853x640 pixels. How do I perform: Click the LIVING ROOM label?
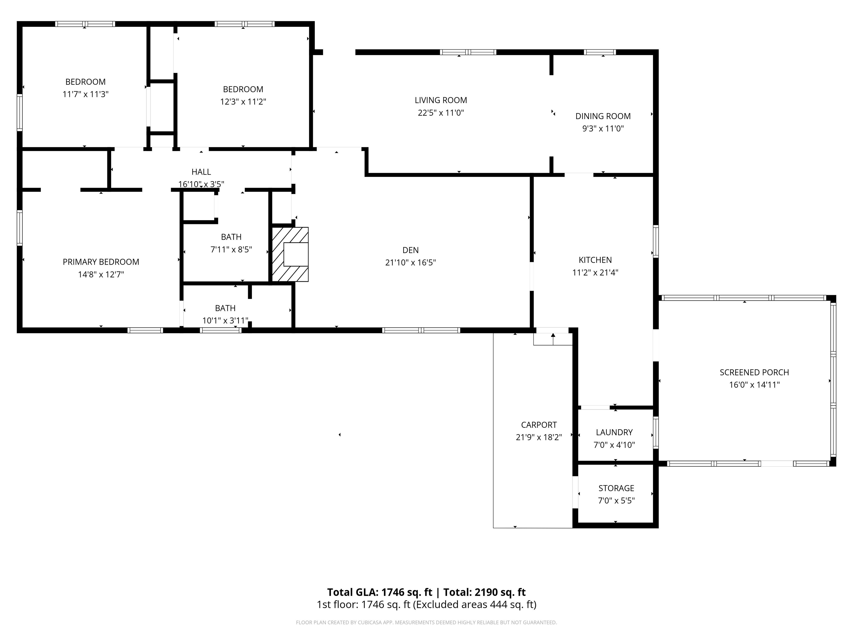[x=441, y=100]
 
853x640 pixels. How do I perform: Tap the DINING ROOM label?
[x=603, y=116]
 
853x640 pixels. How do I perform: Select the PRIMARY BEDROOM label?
[x=101, y=262]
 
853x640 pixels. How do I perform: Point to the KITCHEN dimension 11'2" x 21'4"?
[x=595, y=272]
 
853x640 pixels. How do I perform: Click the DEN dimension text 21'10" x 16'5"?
[x=411, y=262]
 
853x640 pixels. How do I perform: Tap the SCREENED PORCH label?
[x=754, y=372]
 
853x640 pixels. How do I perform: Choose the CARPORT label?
[x=539, y=425]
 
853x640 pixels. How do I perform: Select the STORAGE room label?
[x=616, y=488]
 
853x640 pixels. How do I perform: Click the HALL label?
[x=201, y=172]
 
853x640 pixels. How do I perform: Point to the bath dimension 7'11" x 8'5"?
[x=231, y=249]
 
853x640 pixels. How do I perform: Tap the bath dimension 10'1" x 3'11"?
[x=225, y=320]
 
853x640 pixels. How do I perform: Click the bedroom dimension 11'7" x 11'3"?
[x=86, y=94]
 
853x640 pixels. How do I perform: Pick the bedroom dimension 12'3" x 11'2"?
[x=243, y=101]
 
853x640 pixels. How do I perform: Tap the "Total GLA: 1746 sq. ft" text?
[x=380, y=592]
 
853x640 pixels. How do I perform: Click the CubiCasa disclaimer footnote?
[x=426, y=622]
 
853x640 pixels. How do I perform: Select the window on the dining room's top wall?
[x=600, y=52]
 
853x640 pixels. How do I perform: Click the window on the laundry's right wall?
[x=656, y=432]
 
